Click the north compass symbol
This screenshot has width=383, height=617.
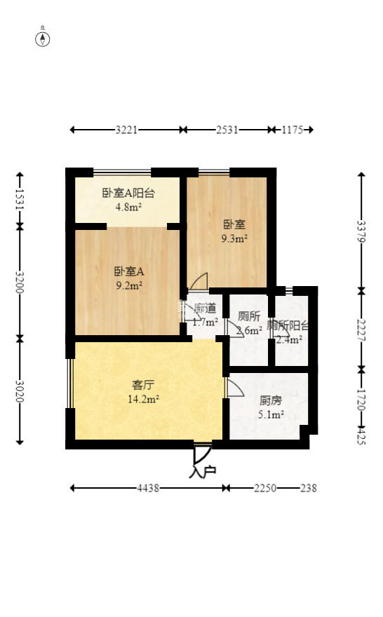[x=43, y=38]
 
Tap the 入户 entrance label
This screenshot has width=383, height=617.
[x=202, y=472]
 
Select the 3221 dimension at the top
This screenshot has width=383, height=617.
[x=126, y=130]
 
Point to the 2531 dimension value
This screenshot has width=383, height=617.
[x=227, y=130]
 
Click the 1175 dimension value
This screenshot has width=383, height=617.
[x=292, y=130]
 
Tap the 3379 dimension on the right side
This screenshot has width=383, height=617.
[x=361, y=231]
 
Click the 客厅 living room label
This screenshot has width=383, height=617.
[x=143, y=385]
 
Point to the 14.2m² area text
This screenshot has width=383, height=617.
[x=143, y=399]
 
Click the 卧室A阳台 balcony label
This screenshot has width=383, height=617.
[x=129, y=194]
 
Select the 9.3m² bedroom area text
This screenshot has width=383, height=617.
[x=234, y=238]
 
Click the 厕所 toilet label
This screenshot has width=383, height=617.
[x=249, y=316]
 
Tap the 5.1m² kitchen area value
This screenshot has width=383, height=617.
[x=271, y=414]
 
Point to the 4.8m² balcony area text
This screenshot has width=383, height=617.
[x=129, y=207]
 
